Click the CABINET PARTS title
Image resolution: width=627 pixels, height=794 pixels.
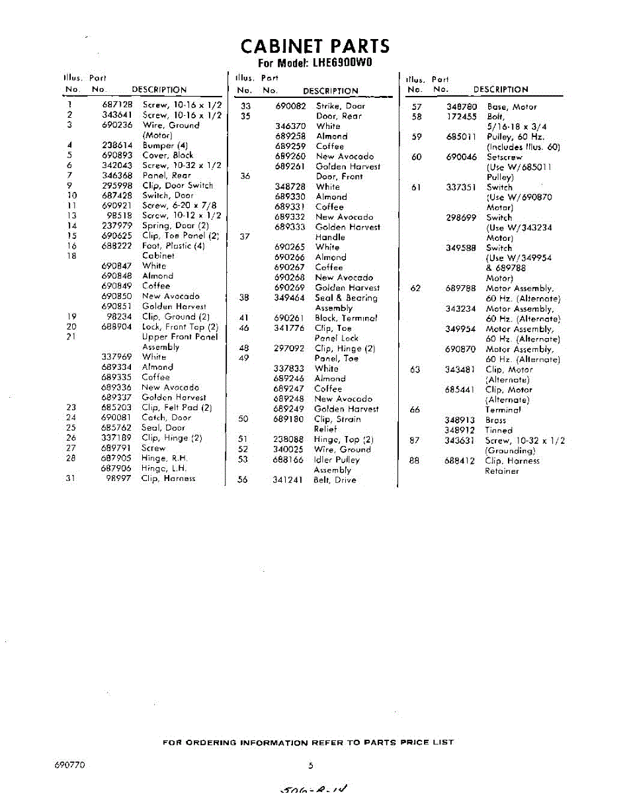click(315, 46)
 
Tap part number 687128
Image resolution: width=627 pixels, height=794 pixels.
click(117, 105)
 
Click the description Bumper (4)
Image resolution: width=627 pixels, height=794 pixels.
click(165, 146)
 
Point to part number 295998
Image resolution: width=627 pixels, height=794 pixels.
click(117, 186)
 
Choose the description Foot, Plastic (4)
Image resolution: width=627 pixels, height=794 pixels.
click(173, 246)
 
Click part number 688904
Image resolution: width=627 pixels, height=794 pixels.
click(117, 327)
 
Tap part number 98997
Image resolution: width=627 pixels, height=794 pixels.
click(119, 478)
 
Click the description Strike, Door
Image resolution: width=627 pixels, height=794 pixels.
click(340, 106)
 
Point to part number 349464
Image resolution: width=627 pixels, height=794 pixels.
click(290, 298)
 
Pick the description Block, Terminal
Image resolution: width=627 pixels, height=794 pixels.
click(346, 318)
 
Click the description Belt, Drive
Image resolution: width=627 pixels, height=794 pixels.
click(335, 480)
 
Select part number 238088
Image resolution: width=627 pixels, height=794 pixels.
click(288, 439)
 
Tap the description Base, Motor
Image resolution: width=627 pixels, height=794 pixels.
click(511, 107)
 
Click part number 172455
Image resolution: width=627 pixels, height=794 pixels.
click(461, 116)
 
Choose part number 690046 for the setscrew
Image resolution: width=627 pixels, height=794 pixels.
click(461, 157)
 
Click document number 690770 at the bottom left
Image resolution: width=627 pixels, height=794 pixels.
click(69, 766)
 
